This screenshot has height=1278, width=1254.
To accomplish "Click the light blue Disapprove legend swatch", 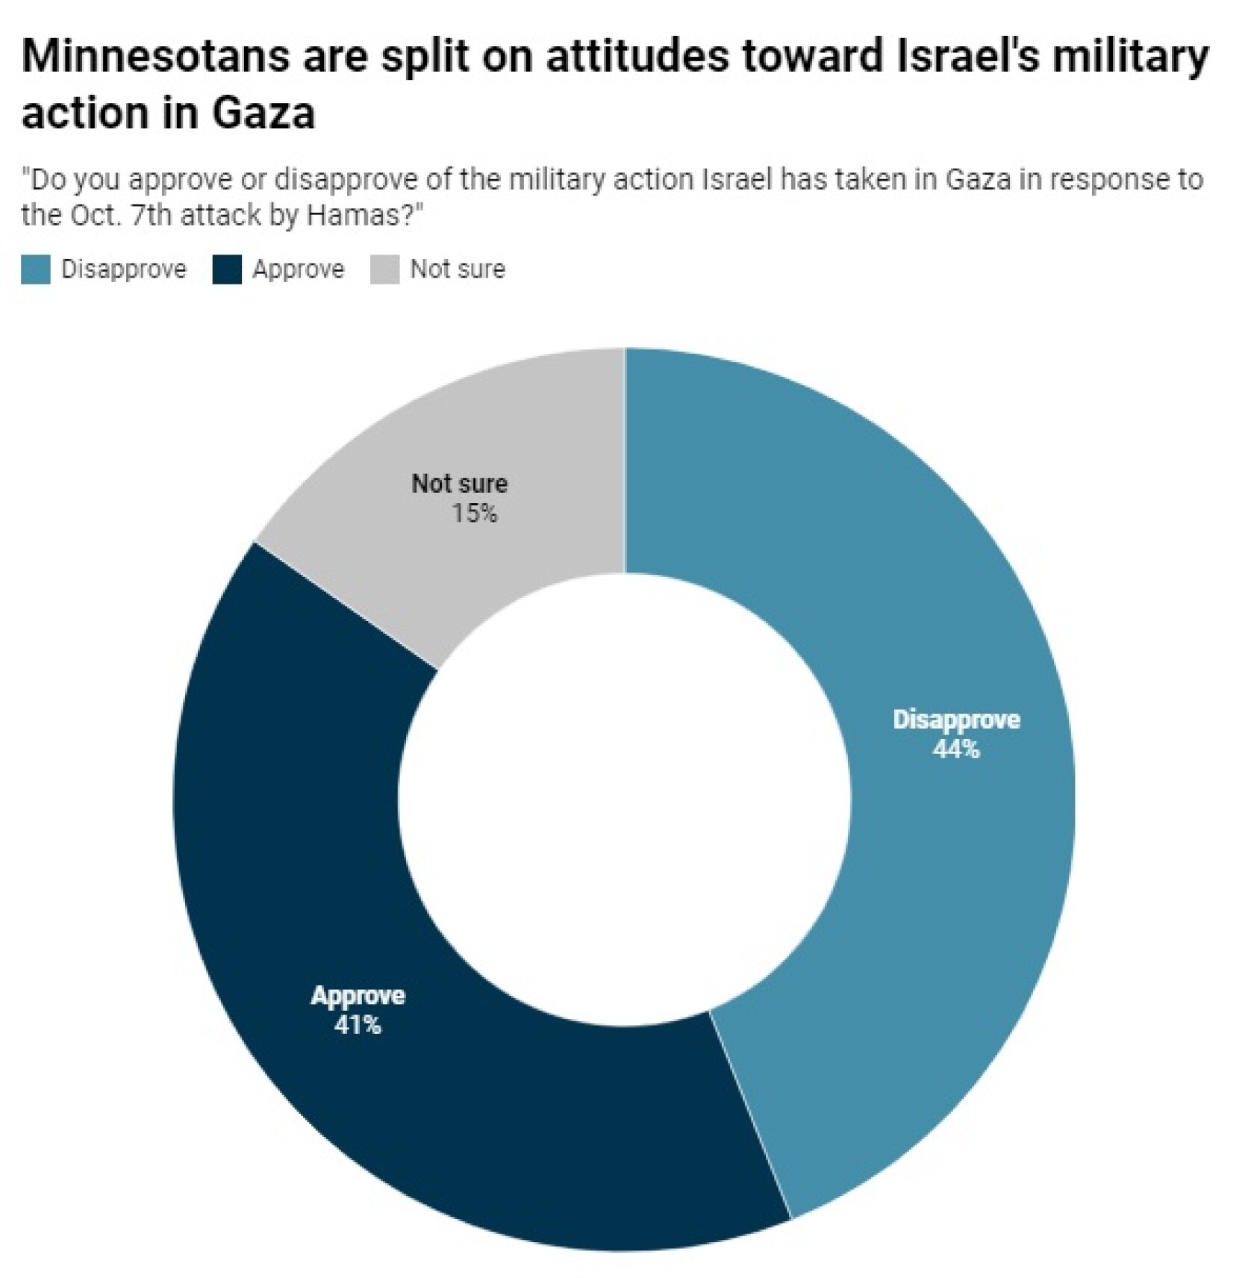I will (35, 269).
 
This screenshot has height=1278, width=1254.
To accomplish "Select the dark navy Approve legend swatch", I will (227, 269).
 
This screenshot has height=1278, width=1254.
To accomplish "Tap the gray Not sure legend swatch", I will (384, 269).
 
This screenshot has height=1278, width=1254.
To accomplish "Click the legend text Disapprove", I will (123, 269).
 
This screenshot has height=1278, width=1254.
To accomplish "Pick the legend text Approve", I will (298, 269).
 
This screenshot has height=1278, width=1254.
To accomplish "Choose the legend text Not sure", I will (458, 269).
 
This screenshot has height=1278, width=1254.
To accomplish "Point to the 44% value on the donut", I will (955, 749).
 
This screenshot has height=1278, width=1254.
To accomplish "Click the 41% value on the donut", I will (358, 1026).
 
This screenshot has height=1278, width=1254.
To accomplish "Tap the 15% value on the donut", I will (474, 514).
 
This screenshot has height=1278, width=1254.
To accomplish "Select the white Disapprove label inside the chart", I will (956, 720).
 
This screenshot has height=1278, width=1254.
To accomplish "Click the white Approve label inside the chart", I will (358, 996).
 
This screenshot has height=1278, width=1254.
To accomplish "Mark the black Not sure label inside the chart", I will (459, 484).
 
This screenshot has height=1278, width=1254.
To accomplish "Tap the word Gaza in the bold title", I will (263, 113).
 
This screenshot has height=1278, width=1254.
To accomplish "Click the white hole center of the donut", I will (624, 799).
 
